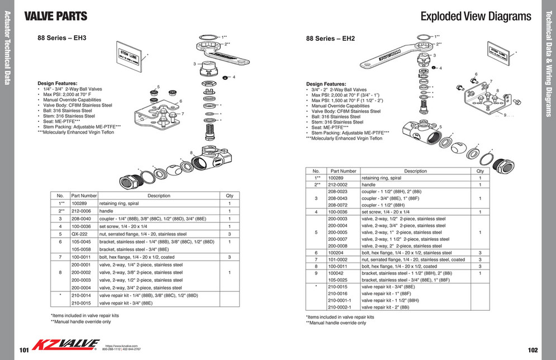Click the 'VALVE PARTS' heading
[56, 16]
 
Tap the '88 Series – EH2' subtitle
[330, 39]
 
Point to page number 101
[23, 350]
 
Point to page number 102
[532, 350]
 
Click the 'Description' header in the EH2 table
[415, 171]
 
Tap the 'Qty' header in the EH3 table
[229, 196]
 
